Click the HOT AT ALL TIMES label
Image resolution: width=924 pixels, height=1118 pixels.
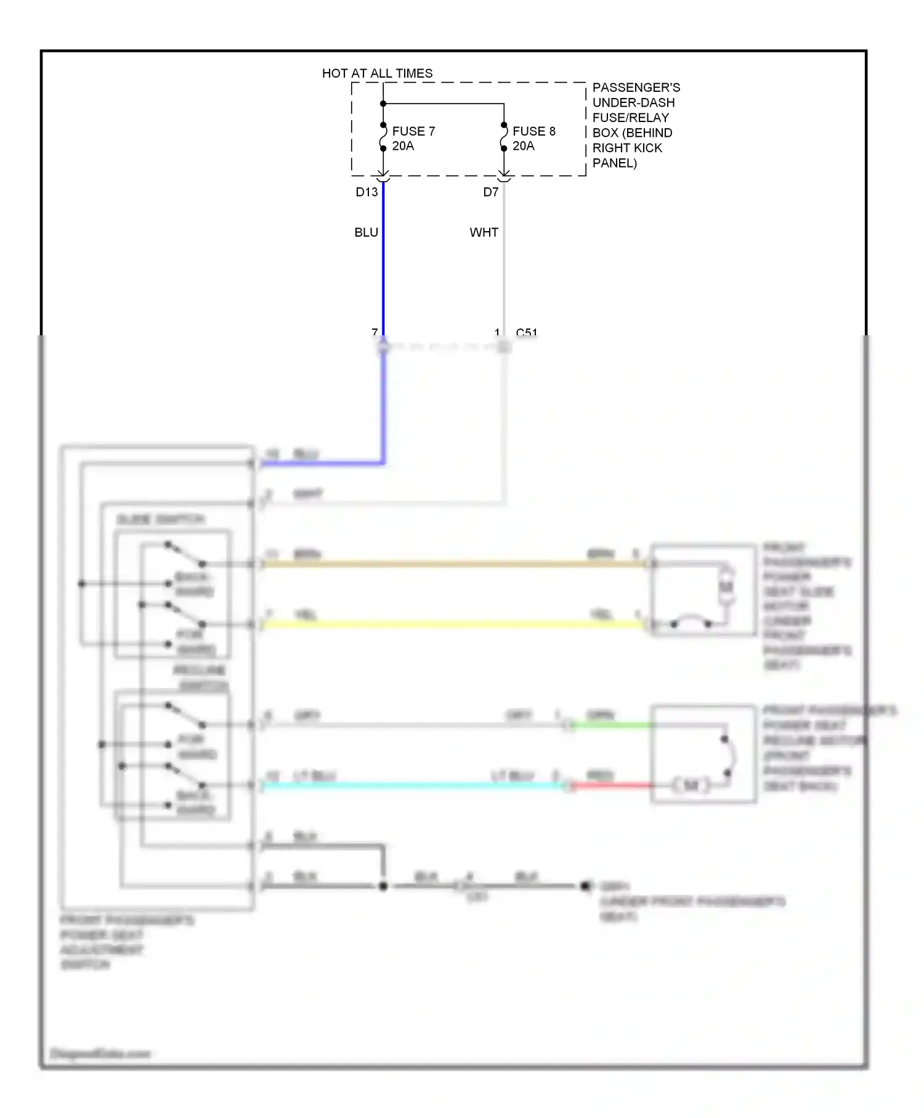click(377, 73)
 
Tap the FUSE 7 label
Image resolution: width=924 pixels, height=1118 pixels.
click(413, 131)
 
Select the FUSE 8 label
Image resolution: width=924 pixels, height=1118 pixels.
click(533, 131)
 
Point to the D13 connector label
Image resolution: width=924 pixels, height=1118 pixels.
click(367, 192)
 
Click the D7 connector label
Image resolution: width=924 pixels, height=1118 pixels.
click(490, 192)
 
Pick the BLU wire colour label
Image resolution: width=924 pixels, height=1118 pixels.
click(366, 232)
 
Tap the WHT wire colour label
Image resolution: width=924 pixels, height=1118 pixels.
click(484, 232)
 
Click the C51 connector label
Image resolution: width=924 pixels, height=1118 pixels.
click(527, 333)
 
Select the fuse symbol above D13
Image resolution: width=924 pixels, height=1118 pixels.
click(383, 137)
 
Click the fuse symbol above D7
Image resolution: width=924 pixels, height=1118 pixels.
click(504, 137)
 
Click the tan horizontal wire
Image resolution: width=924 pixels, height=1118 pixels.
click(456, 564)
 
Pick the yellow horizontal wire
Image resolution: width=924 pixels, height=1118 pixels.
click(456, 624)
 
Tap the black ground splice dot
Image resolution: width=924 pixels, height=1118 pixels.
click(383, 886)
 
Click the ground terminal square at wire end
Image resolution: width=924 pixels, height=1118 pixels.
click(585, 886)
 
